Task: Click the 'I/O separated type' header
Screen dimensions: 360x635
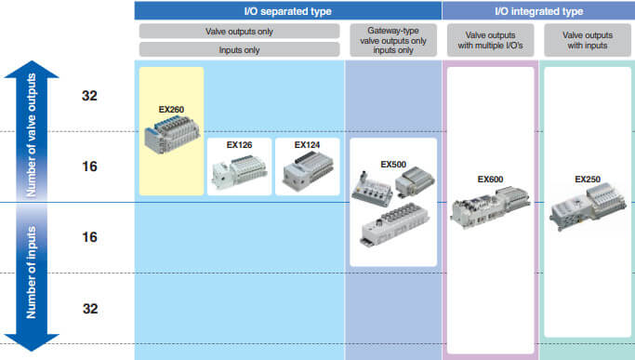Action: pyautogui.click(x=286, y=11)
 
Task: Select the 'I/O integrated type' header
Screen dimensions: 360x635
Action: pyautogui.click(x=538, y=11)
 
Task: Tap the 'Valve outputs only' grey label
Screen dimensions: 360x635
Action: pyautogui.click(x=239, y=31)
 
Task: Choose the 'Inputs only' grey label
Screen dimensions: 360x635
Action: pyautogui.click(x=239, y=49)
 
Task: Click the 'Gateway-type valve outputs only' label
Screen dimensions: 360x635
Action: pyautogui.click(x=392, y=40)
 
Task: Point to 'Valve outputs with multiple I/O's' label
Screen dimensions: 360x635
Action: pyautogui.click(x=489, y=40)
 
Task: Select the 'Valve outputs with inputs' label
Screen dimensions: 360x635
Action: pyautogui.click(x=587, y=40)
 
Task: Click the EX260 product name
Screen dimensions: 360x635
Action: pyautogui.click(x=171, y=110)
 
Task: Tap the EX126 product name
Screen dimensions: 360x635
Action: pyautogui.click(x=240, y=145)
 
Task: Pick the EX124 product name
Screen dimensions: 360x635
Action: pyautogui.click(x=307, y=145)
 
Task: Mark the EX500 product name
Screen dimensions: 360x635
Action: pyautogui.click(x=393, y=164)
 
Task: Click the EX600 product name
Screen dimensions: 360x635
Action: pyautogui.click(x=490, y=179)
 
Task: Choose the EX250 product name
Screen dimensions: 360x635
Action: pyautogui.click(x=588, y=179)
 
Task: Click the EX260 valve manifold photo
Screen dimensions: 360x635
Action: pyautogui.click(x=172, y=136)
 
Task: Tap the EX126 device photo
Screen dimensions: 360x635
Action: pyautogui.click(x=240, y=171)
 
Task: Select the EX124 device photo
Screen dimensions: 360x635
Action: pyautogui.click(x=307, y=171)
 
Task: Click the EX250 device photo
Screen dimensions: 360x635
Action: pyautogui.click(x=588, y=210)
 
